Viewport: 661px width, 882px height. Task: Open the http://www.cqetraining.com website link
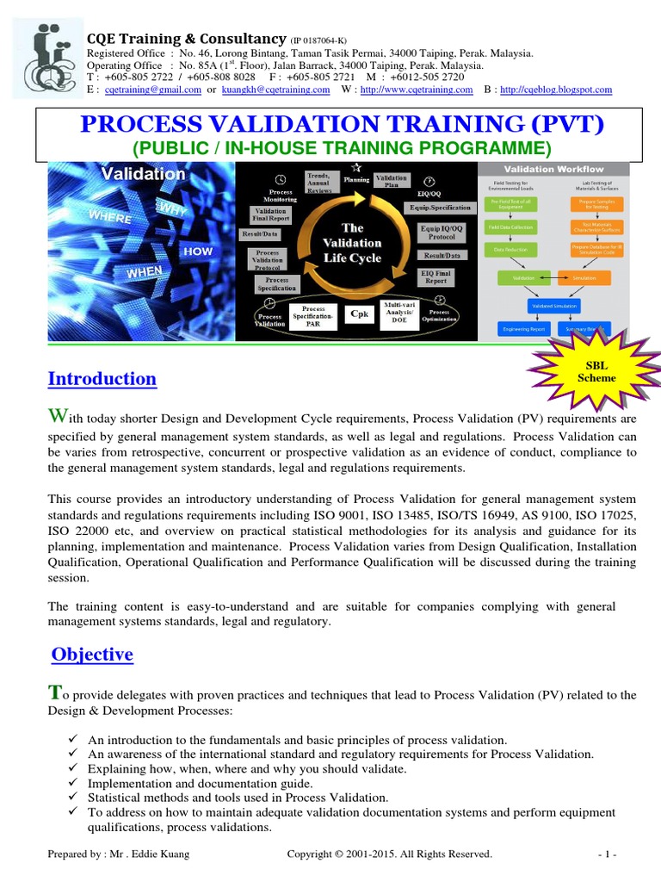[x=417, y=90]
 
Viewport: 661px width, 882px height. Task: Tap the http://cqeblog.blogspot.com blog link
[x=556, y=90]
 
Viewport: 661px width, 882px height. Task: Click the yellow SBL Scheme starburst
[x=597, y=372]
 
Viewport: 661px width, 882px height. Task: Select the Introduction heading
[x=102, y=379]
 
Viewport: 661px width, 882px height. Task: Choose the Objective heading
[x=92, y=655]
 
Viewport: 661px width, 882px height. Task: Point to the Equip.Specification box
[x=439, y=208]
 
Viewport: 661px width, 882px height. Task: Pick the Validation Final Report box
[x=271, y=215]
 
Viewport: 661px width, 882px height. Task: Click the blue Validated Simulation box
[x=553, y=305]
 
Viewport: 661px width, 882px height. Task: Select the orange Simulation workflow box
[x=584, y=278]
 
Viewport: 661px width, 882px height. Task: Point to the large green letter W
[x=55, y=418]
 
